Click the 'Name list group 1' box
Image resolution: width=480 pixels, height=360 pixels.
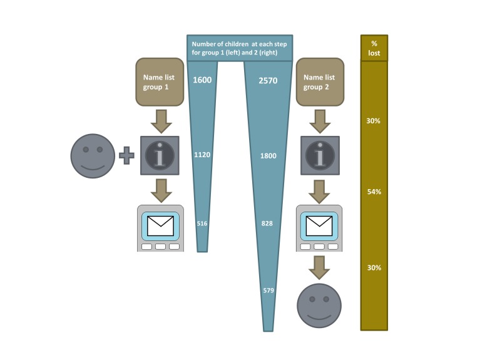point(161,82)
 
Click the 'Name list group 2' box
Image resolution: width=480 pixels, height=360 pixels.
point(319,82)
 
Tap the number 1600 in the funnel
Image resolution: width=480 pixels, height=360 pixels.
point(203,80)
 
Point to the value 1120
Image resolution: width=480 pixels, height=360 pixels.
point(203,154)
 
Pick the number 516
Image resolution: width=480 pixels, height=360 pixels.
point(202,224)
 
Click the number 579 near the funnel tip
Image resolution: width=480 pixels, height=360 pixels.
point(268,291)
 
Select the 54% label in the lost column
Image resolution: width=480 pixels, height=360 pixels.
point(374,192)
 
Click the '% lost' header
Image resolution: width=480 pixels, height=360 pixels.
point(374,48)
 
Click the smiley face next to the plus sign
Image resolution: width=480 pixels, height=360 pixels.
point(93,156)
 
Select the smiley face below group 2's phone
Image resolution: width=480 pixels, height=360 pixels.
point(319,306)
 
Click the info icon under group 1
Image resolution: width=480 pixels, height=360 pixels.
point(161,155)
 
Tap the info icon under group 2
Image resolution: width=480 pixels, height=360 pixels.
point(320,155)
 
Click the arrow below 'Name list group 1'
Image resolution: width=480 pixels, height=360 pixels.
point(161,121)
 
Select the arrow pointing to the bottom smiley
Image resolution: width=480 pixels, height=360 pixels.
point(320,266)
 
